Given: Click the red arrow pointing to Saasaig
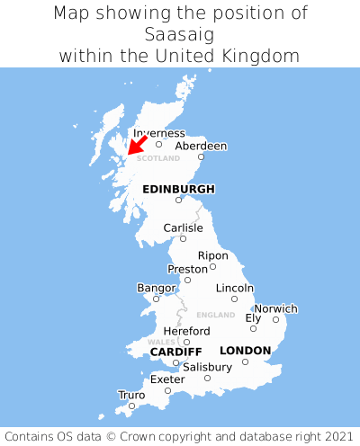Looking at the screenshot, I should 138,145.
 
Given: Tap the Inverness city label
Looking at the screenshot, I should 158,133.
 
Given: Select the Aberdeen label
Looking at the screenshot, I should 201,146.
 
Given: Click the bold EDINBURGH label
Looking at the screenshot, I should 178,189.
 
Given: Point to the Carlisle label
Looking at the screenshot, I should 183,227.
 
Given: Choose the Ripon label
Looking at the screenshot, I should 213,255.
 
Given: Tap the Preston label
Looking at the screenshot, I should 188,269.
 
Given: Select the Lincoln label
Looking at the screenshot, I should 235,288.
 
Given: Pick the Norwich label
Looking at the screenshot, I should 275,308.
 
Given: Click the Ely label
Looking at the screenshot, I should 253,317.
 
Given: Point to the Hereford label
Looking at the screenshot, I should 186,331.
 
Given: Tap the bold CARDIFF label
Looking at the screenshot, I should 175,351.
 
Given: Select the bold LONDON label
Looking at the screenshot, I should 245,350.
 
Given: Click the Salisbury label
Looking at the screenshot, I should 207,367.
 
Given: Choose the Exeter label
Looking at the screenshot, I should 167,379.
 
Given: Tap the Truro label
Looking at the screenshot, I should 131,395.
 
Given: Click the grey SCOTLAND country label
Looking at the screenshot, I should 158,158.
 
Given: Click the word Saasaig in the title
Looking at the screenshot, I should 180,34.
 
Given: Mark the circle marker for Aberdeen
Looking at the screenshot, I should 202,157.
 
